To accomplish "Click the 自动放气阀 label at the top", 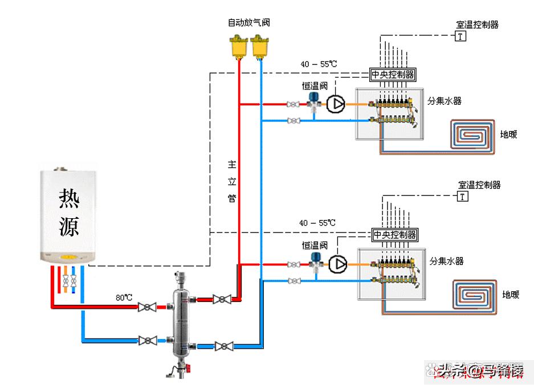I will pyautogui.click(x=248, y=23).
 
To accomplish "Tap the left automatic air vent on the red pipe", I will pyautogui.click(x=239, y=46).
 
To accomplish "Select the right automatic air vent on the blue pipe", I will pyautogui.click(x=260, y=46).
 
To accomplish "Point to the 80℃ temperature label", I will pyautogui.click(x=124, y=297).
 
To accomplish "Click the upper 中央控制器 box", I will pyautogui.click(x=393, y=74).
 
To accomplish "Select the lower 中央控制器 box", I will pyautogui.click(x=395, y=235).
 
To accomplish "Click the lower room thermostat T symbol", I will pyautogui.click(x=462, y=197).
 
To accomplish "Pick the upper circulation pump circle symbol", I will pyautogui.click(x=336, y=104).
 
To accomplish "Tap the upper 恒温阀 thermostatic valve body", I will pyautogui.click(x=313, y=101).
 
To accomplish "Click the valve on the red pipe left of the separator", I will pyautogui.click(x=148, y=307).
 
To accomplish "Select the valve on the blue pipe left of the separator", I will pyautogui.click(x=148, y=340).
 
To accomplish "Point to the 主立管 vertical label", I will pyautogui.click(x=232, y=181).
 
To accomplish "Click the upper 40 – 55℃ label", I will pyautogui.click(x=319, y=64).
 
